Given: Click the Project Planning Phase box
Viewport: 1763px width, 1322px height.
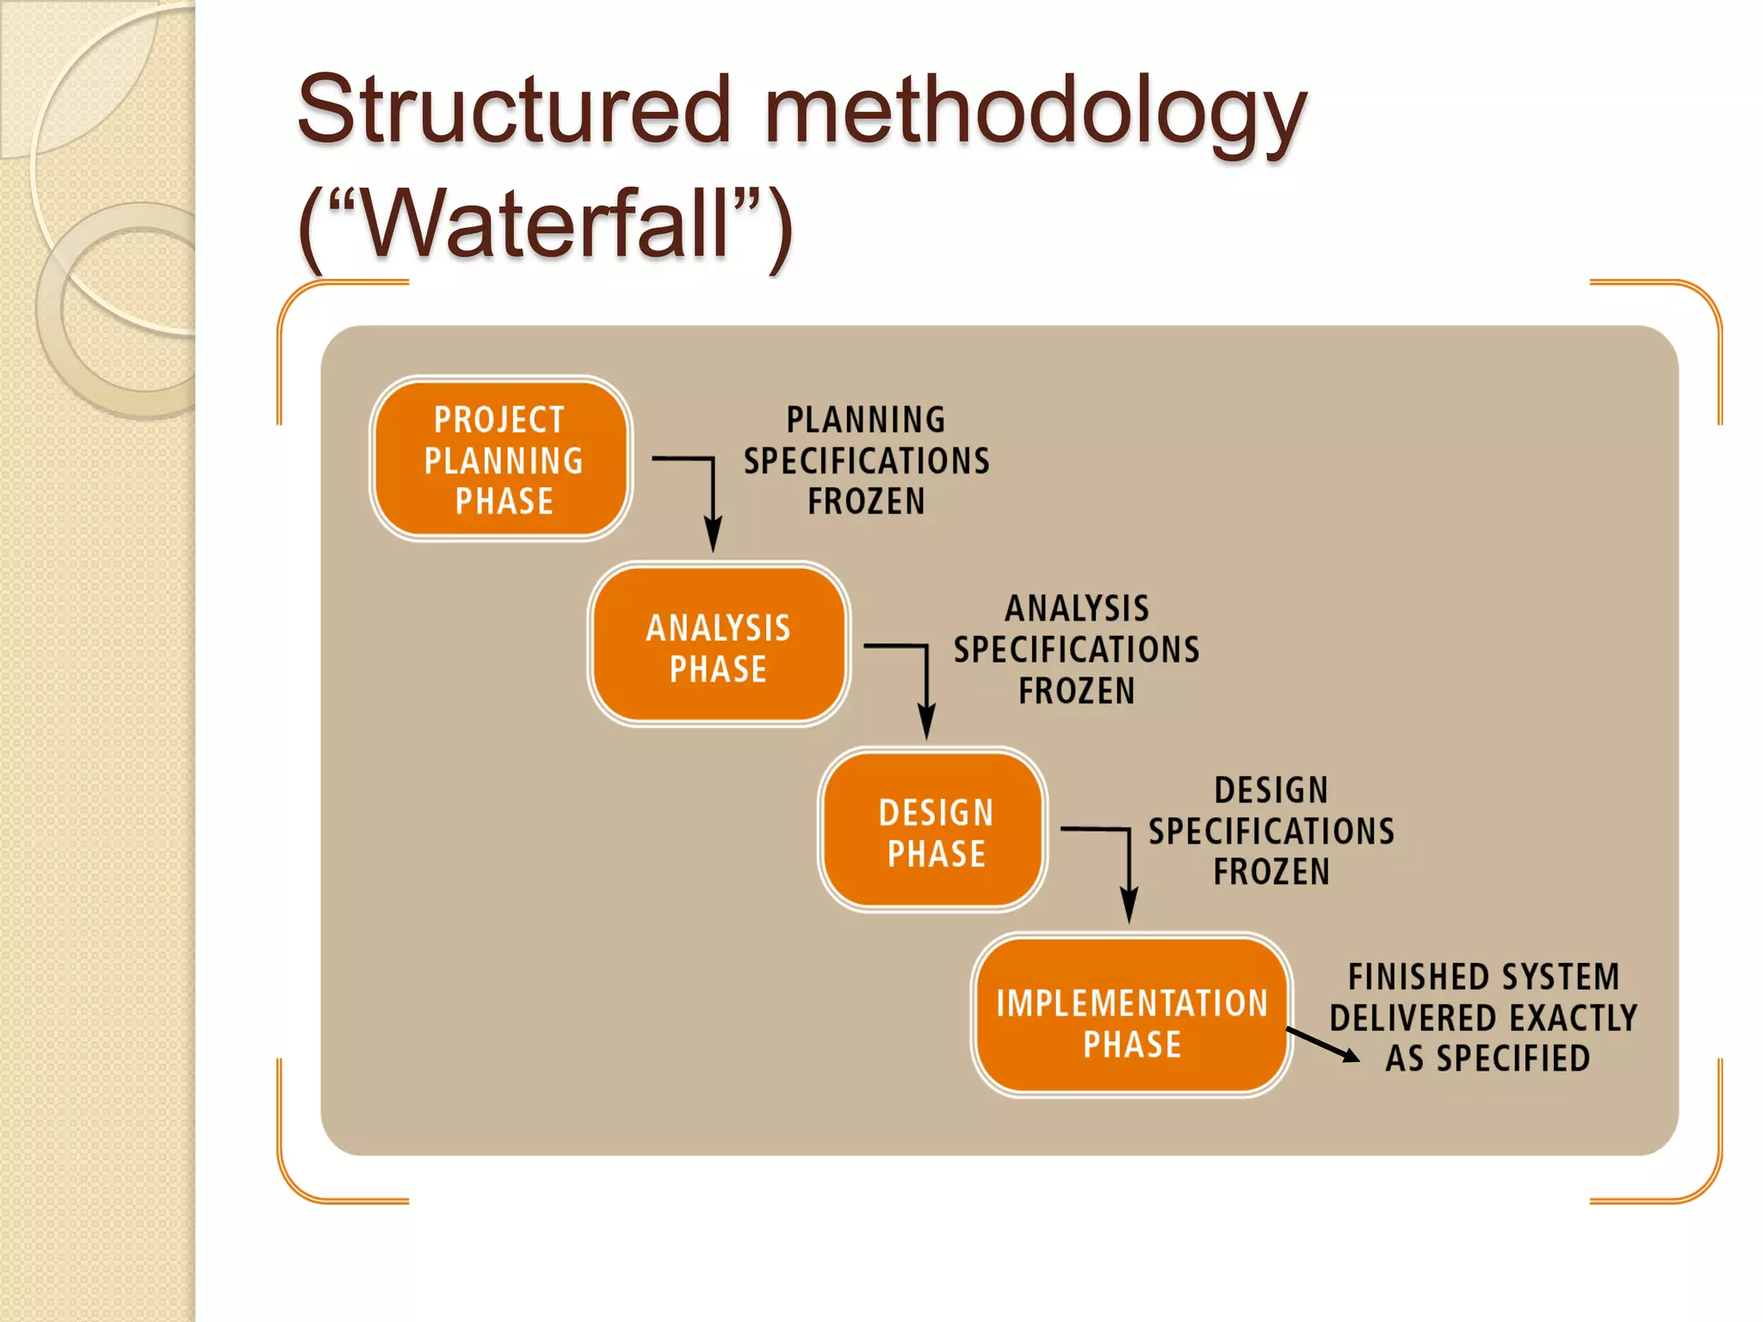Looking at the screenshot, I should tap(501, 459).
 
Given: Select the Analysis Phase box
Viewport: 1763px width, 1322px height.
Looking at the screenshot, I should tap(719, 645).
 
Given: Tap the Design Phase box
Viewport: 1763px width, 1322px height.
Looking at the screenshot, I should tap(933, 830).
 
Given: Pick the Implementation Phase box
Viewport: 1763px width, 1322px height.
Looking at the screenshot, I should tap(1131, 1016).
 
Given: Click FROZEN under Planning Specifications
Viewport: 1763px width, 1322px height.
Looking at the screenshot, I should tap(866, 502).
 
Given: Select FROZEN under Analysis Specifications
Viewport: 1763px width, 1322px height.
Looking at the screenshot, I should tap(1076, 691).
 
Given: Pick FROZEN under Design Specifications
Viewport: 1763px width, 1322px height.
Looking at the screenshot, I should tap(1271, 873).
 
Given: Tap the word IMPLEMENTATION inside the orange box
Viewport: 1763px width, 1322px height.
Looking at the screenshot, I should tap(1131, 1004).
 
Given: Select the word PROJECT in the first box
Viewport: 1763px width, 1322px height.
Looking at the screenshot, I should tap(499, 420).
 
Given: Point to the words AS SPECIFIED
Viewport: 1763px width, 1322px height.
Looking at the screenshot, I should tap(1487, 1059).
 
